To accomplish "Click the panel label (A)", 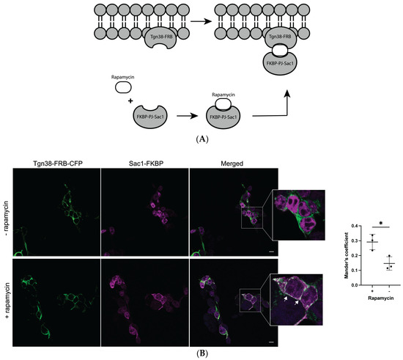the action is (x=202, y=139).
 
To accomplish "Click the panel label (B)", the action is (x=202, y=354).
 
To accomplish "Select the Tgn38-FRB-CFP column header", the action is (x=58, y=164).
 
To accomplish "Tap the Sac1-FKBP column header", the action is (x=146, y=164).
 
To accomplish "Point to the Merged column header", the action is (x=232, y=164).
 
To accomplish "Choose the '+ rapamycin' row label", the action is (x=7, y=301).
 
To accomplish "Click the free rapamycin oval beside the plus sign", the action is (x=123, y=87).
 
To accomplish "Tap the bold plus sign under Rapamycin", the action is (x=130, y=100).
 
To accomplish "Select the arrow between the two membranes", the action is (x=201, y=21).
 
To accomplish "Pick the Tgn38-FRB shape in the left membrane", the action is (x=161, y=37).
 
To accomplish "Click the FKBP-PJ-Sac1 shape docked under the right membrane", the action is (x=280, y=63).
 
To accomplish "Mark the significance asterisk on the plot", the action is (x=380, y=223).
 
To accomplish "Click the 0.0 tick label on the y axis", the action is (x=355, y=285).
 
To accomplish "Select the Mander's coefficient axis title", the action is (x=347, y=255).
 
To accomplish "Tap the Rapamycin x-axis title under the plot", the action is (x=380, y=298).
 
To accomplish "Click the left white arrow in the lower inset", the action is (x=285, y=298).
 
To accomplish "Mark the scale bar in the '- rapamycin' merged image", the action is (x=271, y=251).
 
